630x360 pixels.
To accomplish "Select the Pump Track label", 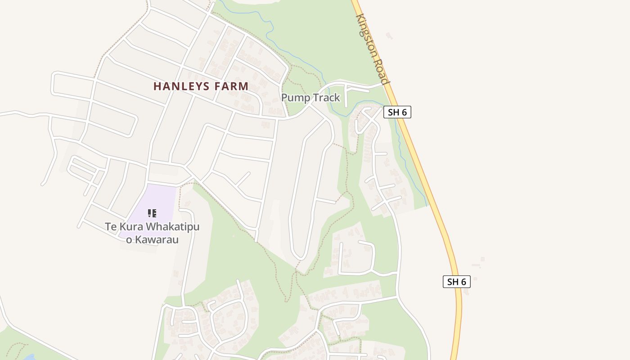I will pos(310,98).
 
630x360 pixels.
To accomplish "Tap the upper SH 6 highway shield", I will pos(397,112).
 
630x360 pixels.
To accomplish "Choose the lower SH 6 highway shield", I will pos(456,282).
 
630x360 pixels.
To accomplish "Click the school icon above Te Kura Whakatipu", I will pos(152,213).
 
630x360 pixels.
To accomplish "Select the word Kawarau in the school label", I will pos(157,240).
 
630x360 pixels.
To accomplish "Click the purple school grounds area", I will pos(157,198).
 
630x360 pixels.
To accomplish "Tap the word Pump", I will pos(295,98).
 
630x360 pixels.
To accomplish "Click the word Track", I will pos(326,98).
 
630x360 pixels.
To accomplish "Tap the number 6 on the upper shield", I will pos(404,112).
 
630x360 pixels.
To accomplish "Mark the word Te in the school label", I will pos(111,226).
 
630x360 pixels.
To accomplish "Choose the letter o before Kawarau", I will pos(129,240).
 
